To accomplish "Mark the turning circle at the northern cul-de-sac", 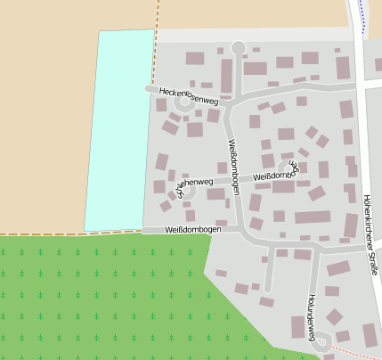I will [238, 47].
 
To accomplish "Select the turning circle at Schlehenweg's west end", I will [187, 190].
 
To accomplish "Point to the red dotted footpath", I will [347, 351].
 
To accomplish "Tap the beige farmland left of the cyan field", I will [45, 116].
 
